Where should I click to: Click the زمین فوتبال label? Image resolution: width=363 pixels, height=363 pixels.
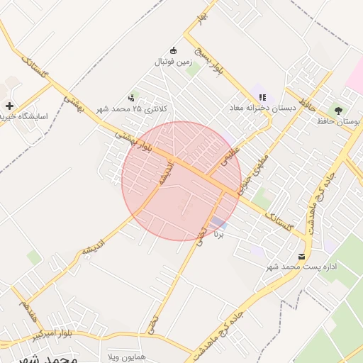(173, 62)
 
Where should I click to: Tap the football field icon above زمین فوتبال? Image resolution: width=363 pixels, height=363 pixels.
(174, 50)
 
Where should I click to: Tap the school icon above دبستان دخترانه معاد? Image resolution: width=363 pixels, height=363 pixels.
(262, 97)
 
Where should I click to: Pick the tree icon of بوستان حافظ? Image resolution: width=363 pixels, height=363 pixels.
(338, 111)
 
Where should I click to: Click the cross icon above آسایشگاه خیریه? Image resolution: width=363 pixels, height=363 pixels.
(9, 106)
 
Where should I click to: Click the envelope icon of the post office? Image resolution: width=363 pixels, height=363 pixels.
(303, 256)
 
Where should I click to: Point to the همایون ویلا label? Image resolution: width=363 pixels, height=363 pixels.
(126, 355)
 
